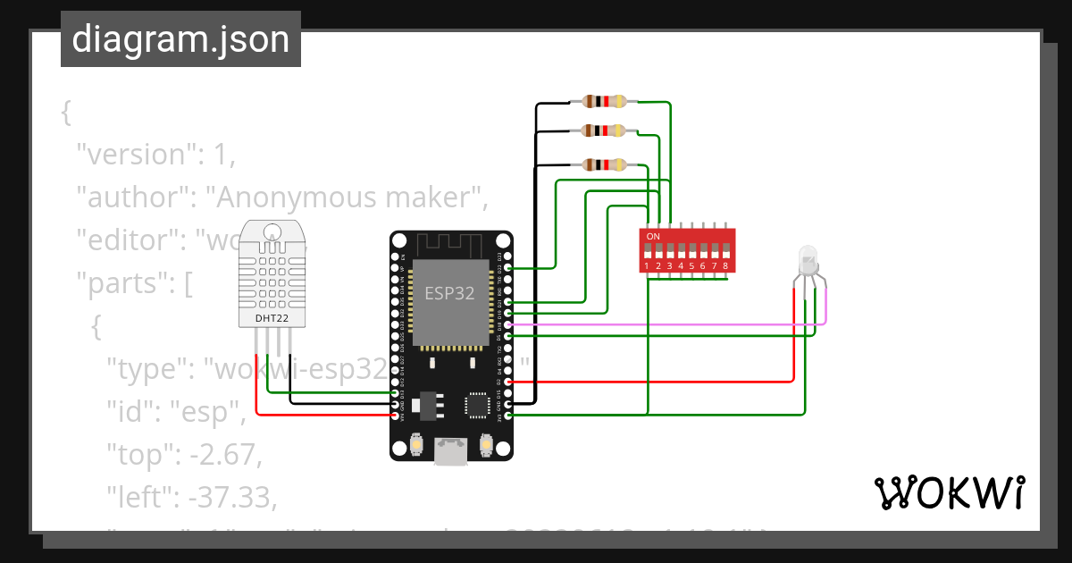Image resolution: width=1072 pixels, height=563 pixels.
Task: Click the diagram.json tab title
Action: point(180,39)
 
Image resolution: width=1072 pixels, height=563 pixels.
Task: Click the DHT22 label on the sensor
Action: point(272,318)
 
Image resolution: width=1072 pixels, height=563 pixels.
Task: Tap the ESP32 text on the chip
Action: point(449,292)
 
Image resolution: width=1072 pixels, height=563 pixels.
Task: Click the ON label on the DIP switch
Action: point(653,236)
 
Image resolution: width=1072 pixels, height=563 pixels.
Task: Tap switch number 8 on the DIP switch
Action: point(725,255)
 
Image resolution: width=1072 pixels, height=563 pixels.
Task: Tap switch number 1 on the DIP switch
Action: point(648,255)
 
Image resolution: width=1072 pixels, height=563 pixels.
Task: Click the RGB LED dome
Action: point(808,259)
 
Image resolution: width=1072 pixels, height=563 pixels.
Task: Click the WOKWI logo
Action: point(949,492)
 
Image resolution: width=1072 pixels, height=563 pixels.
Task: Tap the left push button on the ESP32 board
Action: point(416,443)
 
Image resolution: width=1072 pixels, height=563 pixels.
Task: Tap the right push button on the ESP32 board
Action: point(487,443)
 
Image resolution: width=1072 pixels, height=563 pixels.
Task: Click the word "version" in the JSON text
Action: point(136,155)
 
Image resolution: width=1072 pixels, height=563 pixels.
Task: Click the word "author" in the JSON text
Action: point(131,197)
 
